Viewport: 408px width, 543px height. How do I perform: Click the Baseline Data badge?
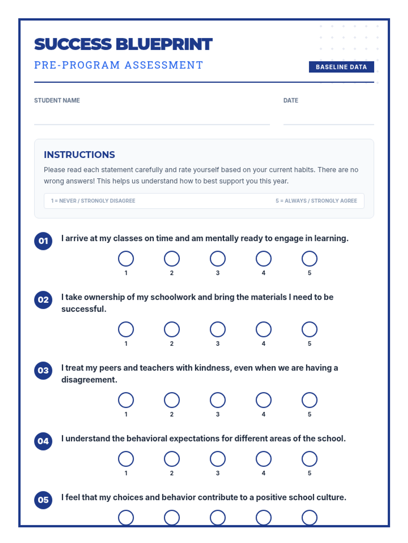click(341, 67)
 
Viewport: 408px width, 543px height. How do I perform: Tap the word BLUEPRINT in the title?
click(164, 44)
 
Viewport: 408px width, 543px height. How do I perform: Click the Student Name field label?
click(57, 100)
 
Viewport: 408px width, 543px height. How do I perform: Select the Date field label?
click(291, 100)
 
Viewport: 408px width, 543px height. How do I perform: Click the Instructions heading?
click(79, 155)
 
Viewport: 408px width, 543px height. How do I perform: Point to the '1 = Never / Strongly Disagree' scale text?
click(93, 201)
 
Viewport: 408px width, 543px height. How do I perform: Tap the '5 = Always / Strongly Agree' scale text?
click(316, 201)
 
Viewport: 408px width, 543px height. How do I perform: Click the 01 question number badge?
click(43, 241)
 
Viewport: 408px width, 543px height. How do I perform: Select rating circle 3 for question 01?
click(218, 259)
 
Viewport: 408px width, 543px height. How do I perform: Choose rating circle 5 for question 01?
click(309, 259)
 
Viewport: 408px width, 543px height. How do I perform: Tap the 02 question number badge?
click(43, 300)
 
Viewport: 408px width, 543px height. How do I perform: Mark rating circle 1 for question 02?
click(126, 329)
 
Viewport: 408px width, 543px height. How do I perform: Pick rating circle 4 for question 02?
click(263, 329)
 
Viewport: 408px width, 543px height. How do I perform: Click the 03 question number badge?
click(43, 370)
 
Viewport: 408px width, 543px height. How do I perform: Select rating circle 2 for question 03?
click(172, 400)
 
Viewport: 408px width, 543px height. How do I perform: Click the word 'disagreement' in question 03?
click(88, 380)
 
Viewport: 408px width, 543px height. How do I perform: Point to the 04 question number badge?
click(43, 441)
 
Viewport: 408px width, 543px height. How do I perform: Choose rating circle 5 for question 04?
click(309, 459)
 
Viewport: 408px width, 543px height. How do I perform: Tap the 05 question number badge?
click(43, 500)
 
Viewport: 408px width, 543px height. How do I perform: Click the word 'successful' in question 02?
click(83, 309)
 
